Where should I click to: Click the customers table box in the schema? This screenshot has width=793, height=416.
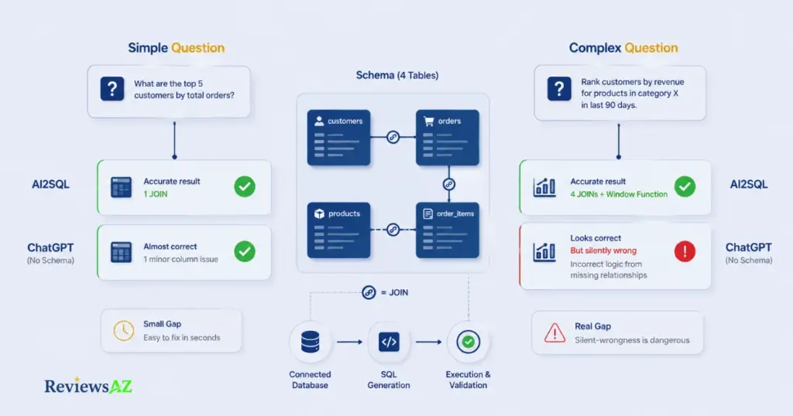click(339, 138)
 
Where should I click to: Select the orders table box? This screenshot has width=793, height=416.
click(448, 138)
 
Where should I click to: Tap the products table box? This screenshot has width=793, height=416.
click(339, 230)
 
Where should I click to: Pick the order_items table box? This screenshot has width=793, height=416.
click(448, 230)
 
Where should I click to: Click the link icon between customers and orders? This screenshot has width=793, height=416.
click(393, 137)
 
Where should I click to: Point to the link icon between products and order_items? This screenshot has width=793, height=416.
click(393, 230)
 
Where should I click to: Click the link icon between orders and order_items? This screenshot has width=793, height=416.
click(448, 184)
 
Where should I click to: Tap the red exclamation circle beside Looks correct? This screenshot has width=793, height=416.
click(685, 251)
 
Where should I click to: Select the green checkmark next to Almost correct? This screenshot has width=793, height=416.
click(245, 251)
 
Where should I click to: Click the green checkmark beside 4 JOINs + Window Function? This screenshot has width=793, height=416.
click(685, 186)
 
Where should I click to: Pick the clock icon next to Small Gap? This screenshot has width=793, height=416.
click(123, 331)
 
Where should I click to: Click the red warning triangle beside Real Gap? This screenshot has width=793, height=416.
click(554, 333)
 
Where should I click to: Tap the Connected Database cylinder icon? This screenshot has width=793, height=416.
click(310, 342)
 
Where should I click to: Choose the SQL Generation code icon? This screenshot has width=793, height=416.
click(389, 342)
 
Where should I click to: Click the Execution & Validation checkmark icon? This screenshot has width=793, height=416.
click(469, 342)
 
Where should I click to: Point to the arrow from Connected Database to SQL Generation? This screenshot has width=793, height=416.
click(349, 342)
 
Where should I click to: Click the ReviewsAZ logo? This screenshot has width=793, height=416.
click(88, 386)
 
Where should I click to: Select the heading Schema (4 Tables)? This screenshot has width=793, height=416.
click(397, 75)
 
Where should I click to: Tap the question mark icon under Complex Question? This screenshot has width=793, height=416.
click(559, 89)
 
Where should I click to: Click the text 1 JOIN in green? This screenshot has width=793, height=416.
click(155, 194)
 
